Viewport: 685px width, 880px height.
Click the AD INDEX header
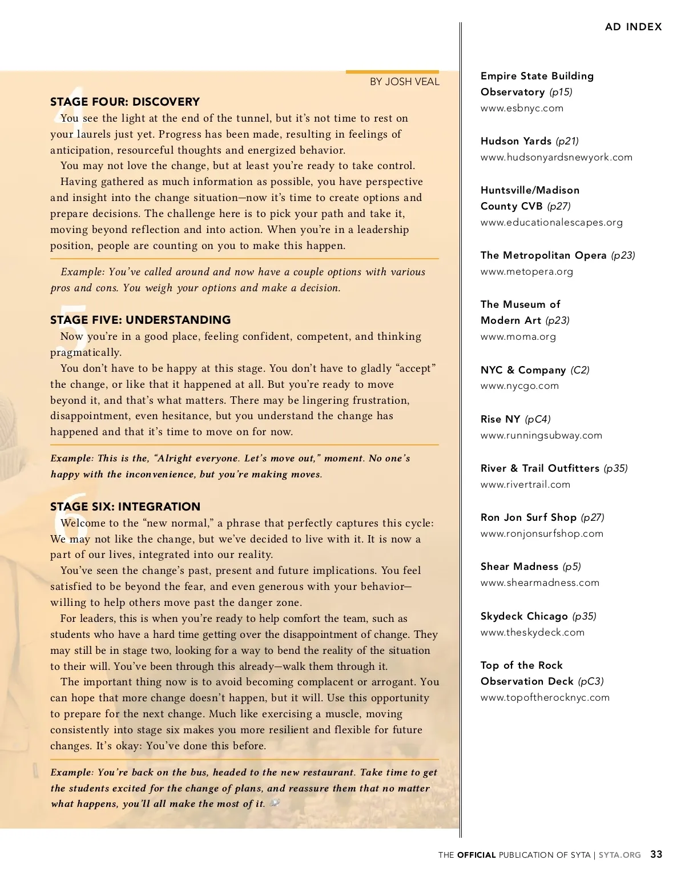(633, 27)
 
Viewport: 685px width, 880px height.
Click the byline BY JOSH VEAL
(404, 82)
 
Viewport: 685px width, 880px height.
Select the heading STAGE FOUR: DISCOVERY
(124, 102)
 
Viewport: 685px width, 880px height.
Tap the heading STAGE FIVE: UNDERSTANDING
(140, 320)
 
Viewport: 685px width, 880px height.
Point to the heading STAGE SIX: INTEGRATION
(125, 507)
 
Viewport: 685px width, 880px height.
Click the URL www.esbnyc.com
(522, 108)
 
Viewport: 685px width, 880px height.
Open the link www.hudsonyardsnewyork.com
(556, 157)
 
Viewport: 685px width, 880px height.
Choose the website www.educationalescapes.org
(551, 222)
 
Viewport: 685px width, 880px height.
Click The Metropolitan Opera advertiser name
(543, 255)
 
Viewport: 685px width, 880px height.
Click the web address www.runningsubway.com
(541, 435)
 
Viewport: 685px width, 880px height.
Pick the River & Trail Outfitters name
(539, 468)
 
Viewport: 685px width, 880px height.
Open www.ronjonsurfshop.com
(542, 533)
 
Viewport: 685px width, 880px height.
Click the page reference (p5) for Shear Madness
(571, 566)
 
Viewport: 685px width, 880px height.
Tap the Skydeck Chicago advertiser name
(524, 616)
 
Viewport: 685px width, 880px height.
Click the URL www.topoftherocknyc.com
(545, 697)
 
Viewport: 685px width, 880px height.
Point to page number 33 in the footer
(656, 854)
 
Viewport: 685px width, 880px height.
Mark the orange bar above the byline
(392, 72)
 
